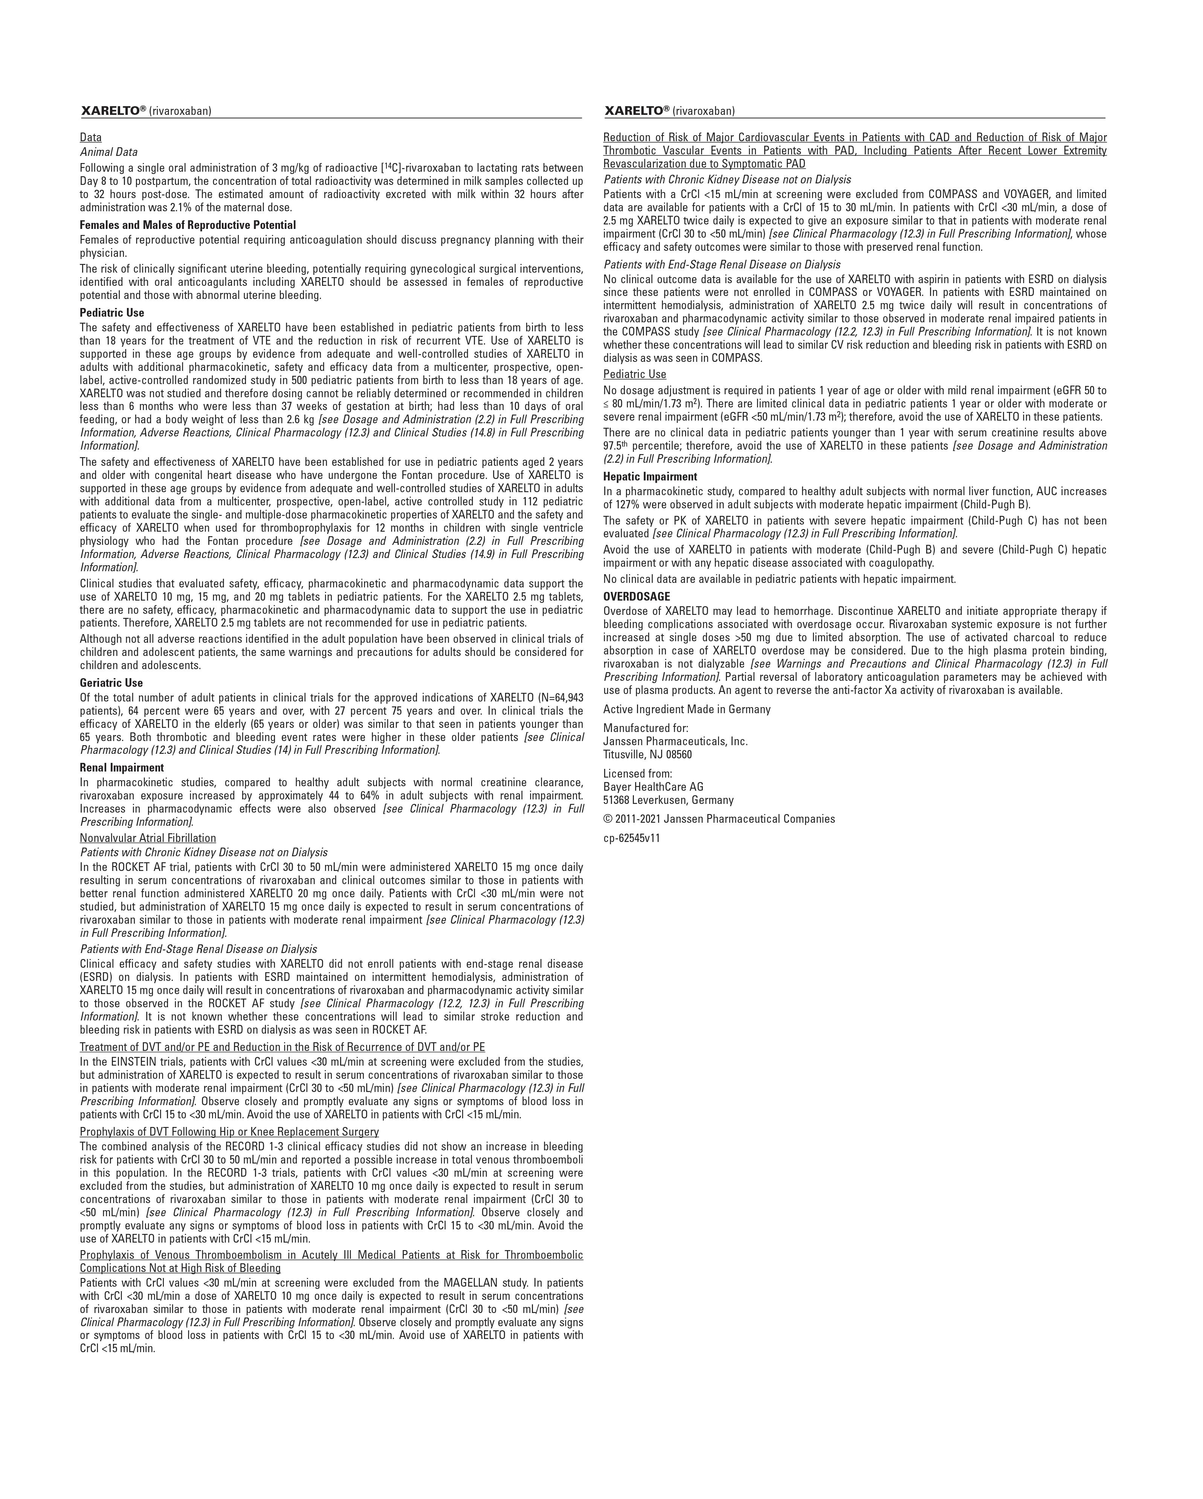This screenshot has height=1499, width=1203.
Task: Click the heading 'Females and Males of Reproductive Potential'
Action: (x=187, y=225)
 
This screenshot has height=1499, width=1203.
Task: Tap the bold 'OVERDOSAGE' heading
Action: (x=636, y=596)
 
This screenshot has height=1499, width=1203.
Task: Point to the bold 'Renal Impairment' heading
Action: (x=122, y=768)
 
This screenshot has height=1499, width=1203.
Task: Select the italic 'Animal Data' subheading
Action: (x=108, y=152)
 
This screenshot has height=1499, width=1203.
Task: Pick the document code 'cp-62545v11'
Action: (x=631, y=839)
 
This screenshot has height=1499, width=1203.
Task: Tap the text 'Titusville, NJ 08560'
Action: (x=647, y=754)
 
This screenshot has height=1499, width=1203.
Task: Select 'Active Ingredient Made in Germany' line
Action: (x=686, y=709)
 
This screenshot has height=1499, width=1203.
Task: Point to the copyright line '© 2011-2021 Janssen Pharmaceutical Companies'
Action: (x=719, y=819)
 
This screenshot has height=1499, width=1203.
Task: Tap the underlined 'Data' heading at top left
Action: (x=90, y=138)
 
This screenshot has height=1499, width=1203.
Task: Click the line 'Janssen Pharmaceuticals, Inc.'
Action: (x=675, y=741)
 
